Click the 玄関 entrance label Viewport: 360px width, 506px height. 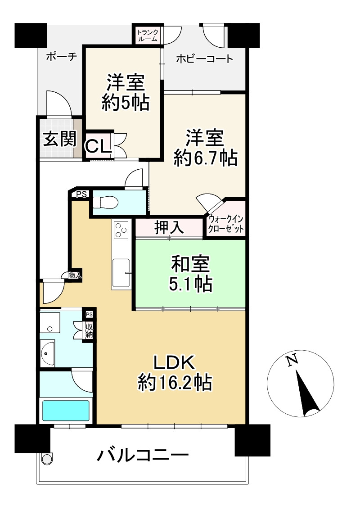tap(59, 139)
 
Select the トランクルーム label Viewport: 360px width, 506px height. tap(147, 35)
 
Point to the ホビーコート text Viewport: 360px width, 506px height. tap(205, 59)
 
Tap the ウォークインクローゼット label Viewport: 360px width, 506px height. tap(226, 224)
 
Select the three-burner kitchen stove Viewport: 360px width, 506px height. tap(121, 230)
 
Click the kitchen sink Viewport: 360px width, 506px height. tap(121, 271)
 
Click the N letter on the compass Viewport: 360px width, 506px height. tap(292, 360)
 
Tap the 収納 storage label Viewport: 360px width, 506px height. tap(89, 331)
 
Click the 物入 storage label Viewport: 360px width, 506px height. tap(75, 275)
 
